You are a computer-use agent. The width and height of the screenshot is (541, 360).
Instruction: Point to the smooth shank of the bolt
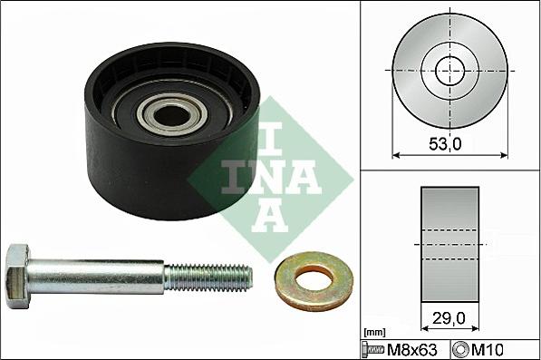point(100,271)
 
